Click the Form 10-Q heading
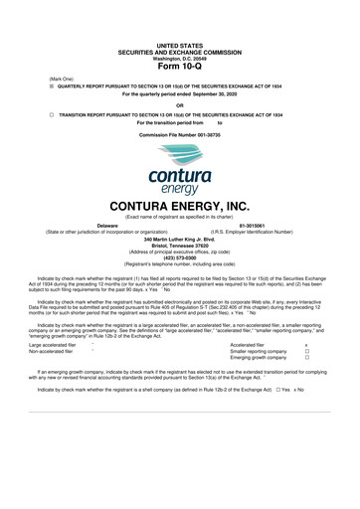click(x=180, y=39)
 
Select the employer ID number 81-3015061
click(x=254, y=225)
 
